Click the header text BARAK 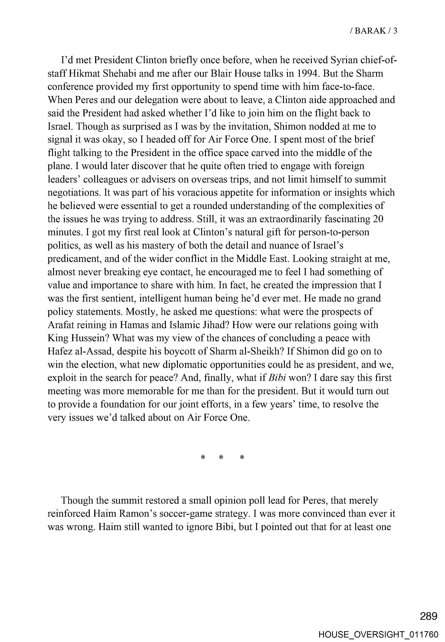[370, 31]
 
